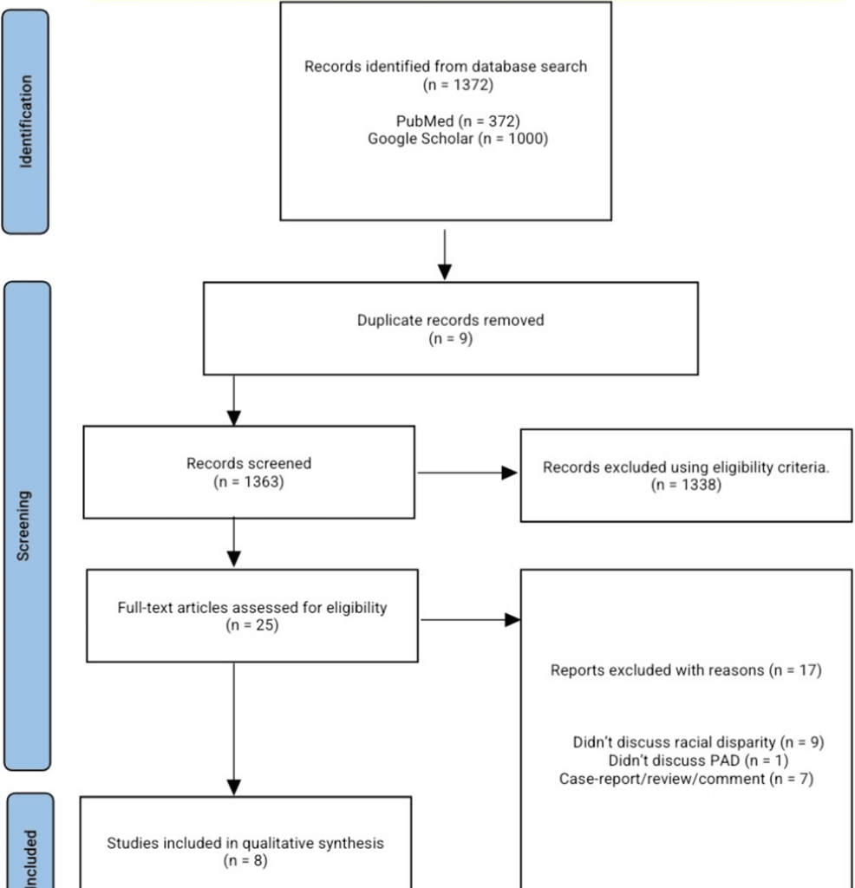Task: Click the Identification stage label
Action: click(27, 121)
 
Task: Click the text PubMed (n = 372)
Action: click(445, 121)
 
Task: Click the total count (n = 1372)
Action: click(445, 84)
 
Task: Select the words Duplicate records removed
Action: click(450, 320)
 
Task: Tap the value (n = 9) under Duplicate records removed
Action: click(450, 338)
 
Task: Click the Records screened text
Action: click(248, 464)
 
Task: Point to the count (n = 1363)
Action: click(248, 481)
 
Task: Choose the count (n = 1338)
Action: click(686, 485)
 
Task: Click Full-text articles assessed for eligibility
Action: click(251, 607)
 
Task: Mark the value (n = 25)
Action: click(251, 624)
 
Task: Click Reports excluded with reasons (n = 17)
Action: click(685, 670)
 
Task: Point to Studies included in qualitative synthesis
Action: click(245, 842)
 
